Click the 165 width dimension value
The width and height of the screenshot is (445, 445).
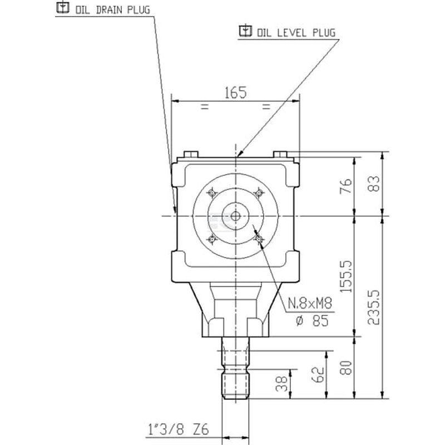[x=235, y=93]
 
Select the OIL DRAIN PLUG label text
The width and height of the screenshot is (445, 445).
[x=113, y=10]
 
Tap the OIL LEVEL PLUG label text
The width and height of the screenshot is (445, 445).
[x=296, y=33]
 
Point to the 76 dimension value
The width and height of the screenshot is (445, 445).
[x=346, y=186]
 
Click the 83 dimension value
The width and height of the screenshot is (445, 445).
[x=374, y=184]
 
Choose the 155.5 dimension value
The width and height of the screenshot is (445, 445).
[x=346, y=276]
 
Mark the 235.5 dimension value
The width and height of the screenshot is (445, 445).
[x=374, y=308]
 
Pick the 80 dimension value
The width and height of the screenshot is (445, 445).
[x=346, y=368]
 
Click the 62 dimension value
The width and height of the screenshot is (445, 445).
[x=318, y=374]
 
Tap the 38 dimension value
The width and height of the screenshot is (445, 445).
[x=282, y=384]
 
